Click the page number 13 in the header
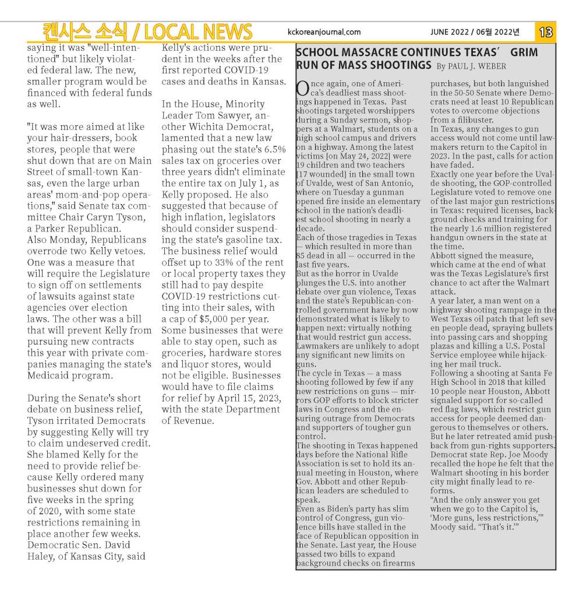pyautogui.click(x=546, y=32)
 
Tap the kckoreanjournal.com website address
pyautogui.click(x=324, y=32)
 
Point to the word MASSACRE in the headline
pyautogui.click(x=374, y=52)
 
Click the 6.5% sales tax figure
pyautogui.click(x=274, y=149)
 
